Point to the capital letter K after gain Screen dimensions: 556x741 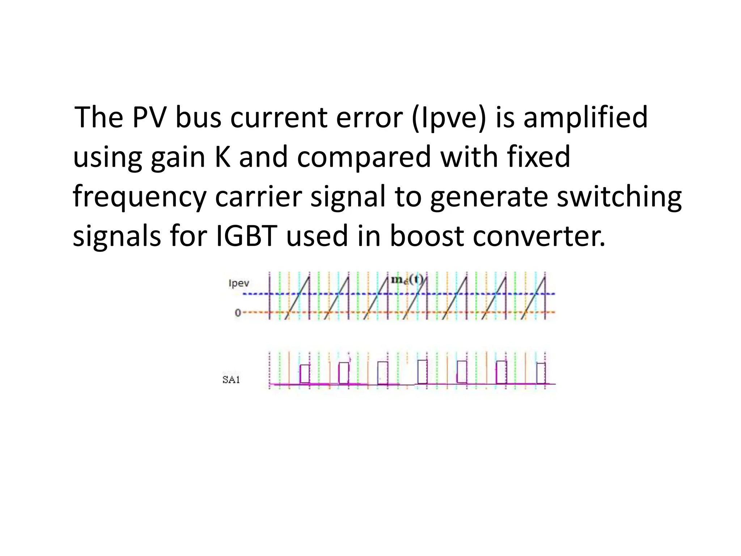pos(223,157)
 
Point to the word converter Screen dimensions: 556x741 pos(539,236)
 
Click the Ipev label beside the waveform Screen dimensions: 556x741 pos(239,283)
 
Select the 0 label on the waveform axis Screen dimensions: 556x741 pos(238,312)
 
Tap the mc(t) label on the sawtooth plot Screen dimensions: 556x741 pos(407,280)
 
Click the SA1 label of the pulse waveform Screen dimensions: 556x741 pos(231,380)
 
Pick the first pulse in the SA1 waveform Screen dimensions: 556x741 pos(305,374)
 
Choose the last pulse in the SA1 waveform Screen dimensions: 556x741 pos(541,373)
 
